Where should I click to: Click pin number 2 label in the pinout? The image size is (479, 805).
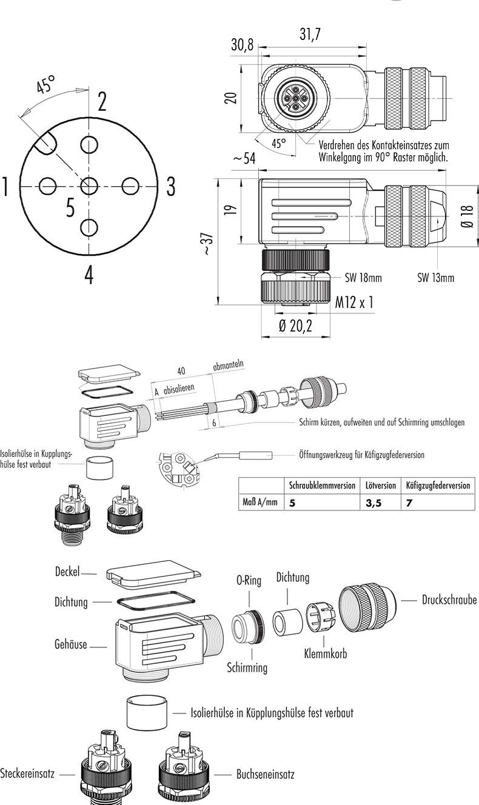coord(102,101)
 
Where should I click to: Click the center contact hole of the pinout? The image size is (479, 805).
coord(89,185)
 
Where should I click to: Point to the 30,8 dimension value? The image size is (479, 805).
coord(242,45)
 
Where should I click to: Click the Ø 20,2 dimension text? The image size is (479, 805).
coord(295,326)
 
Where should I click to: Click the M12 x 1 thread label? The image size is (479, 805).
coord(354,302)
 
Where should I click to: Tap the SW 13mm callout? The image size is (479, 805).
coord(435,278)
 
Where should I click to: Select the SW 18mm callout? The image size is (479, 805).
coord(363,278)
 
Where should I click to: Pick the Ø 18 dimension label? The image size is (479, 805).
coord(466,216)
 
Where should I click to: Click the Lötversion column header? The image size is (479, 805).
coord(381,486)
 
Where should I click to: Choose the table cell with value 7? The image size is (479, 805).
coord(410,503)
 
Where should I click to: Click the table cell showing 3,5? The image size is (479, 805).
coord(373,503)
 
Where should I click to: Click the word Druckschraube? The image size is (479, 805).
coord(449,600)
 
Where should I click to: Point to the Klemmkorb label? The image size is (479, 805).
coord(325,654)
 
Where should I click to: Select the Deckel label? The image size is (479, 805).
coord(67,572)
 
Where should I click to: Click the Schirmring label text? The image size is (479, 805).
coord(247,667)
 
